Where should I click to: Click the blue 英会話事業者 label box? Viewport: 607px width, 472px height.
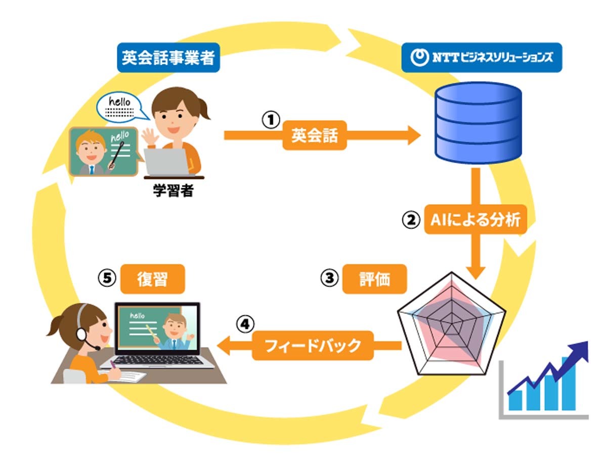(168, 58)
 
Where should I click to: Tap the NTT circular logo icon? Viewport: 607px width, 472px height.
(419, 58)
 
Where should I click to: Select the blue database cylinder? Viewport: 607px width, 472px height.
(479, 123)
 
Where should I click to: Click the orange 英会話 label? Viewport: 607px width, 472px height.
(315, 135)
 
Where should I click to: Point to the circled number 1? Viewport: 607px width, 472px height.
(271, 120)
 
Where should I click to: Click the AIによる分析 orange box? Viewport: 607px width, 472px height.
(475, 219)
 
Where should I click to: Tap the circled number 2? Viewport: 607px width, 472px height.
(411, 220)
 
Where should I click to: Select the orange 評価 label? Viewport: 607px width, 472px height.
(375, 279)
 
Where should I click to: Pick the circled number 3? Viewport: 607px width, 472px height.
(330, 278)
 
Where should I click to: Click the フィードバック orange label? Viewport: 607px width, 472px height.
(313, 345)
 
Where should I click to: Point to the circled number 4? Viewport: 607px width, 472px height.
(245, 324)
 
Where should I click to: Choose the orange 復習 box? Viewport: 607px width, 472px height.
(153, 279)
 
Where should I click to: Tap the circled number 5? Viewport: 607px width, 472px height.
(107, 278)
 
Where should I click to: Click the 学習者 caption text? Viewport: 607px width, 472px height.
(173, 191)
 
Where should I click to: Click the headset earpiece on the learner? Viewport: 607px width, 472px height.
(81, 334)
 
